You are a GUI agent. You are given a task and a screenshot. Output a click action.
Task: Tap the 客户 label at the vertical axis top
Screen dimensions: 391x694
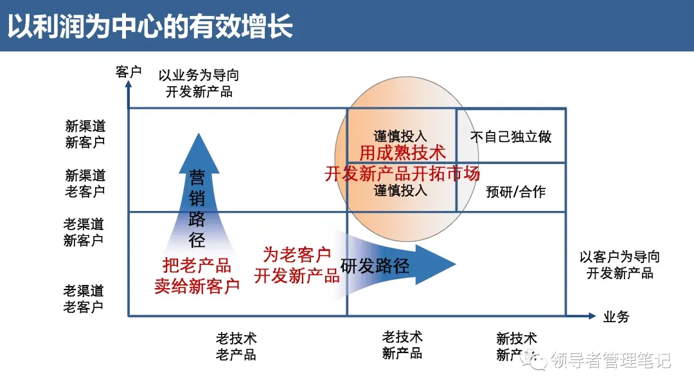click(129, 72)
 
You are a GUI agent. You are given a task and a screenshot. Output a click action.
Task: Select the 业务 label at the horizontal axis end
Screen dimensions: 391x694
click(616, 316)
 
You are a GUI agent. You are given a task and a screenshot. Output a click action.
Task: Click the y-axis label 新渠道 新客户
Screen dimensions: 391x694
click(85, 134)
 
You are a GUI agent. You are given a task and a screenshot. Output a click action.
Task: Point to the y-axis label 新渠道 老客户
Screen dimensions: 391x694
click(85, 183)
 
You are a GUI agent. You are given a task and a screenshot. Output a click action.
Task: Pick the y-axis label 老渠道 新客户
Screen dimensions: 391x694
click(84, 232)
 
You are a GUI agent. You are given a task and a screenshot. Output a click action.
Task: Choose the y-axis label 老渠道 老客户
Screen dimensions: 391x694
click(84, 299)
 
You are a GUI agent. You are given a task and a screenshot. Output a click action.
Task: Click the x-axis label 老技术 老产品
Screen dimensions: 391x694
click(236, 346)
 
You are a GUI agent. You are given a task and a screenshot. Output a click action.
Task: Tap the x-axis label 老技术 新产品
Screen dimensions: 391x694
click(402, 345)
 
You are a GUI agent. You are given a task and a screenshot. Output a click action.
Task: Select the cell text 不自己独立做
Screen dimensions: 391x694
click(511, 137)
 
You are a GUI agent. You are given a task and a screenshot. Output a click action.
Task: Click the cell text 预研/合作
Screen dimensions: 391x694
click(515, 192)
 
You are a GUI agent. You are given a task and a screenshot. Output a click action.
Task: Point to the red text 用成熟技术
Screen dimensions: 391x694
click(402, 153)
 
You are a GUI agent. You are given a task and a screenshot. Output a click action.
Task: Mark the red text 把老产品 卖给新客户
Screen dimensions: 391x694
click(197, 276)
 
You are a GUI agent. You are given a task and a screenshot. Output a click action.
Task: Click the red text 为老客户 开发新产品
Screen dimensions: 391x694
click(297, 266)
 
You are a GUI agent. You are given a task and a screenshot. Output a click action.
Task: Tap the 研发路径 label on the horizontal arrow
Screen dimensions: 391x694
click(375, 265)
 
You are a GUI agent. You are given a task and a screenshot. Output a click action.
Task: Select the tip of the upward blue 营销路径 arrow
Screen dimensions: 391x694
click(199, 136)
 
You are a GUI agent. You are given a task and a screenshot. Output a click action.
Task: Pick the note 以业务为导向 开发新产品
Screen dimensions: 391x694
click(199, 84)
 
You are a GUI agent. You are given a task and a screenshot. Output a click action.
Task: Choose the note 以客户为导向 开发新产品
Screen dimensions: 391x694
click(619, 265)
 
